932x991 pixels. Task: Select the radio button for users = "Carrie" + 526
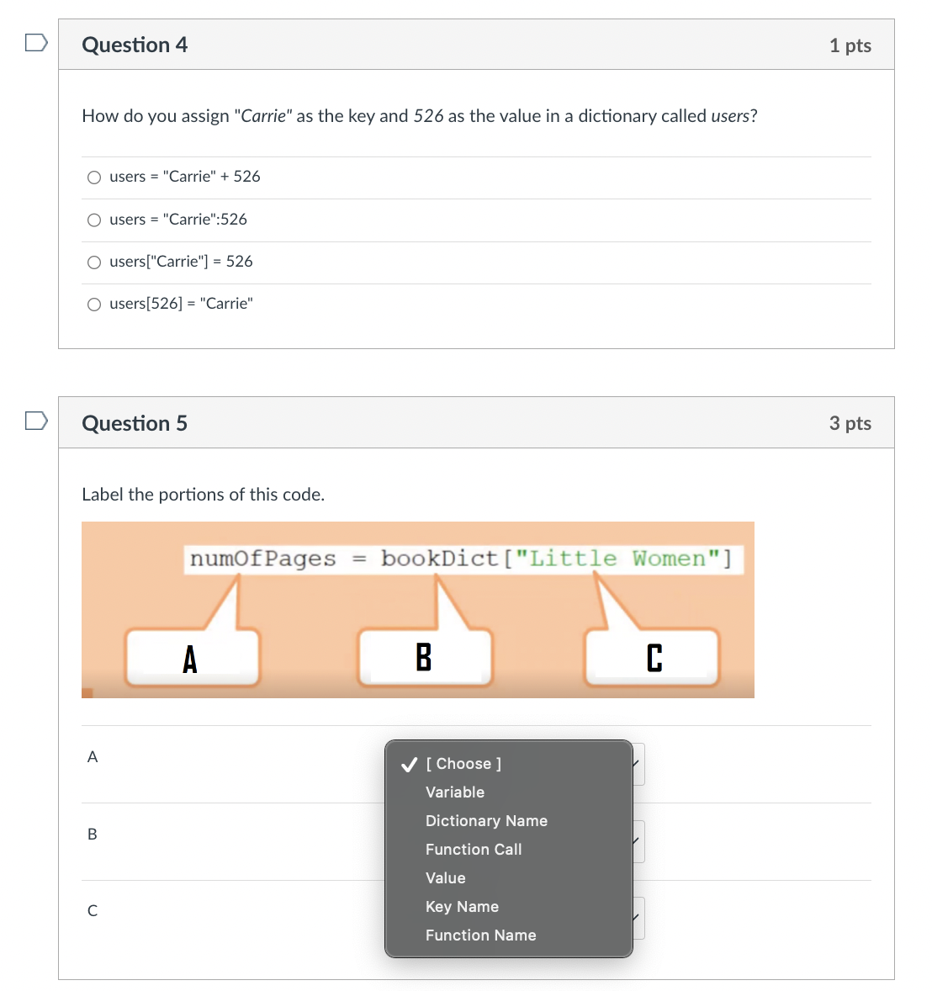(94, 178)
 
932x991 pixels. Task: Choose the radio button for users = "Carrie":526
(94, 220)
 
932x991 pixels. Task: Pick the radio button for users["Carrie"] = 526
(94, 262)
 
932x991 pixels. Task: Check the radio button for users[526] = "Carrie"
(94, 305)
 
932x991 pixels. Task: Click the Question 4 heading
(135, 45)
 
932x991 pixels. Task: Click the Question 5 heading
(135, 423)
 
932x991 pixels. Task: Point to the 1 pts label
(850, 45)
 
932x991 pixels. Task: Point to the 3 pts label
(850, 423)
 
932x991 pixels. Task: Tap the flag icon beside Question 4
(36, 42)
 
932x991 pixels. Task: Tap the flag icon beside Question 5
(36, 420)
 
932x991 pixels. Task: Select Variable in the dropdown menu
(455, 792)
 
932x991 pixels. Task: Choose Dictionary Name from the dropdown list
(486, 821)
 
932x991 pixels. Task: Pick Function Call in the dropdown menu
(474, 850)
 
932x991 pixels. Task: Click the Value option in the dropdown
(445, 878)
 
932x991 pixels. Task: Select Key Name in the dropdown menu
(462, 907)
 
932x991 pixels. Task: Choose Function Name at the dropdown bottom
(480, 935)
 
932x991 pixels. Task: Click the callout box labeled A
(192, 658)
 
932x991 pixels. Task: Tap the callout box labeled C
(653, 658)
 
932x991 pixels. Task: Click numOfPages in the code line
(262, 559)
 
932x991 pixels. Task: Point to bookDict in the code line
(439, 559)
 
